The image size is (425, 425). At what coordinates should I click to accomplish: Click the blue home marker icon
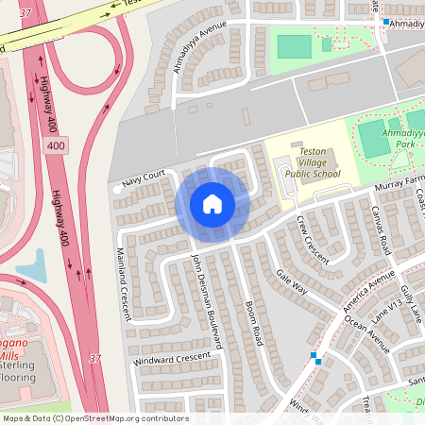tap(212, 203)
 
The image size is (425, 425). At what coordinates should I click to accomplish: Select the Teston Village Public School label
tap(313, 162)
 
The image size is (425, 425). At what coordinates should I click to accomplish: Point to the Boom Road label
tap(253, 320)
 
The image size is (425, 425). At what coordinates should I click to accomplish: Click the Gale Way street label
tap(292, 280)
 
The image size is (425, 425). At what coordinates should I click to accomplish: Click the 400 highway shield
tap(57, 146)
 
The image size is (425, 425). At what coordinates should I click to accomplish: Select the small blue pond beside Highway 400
tap(31, 267)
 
